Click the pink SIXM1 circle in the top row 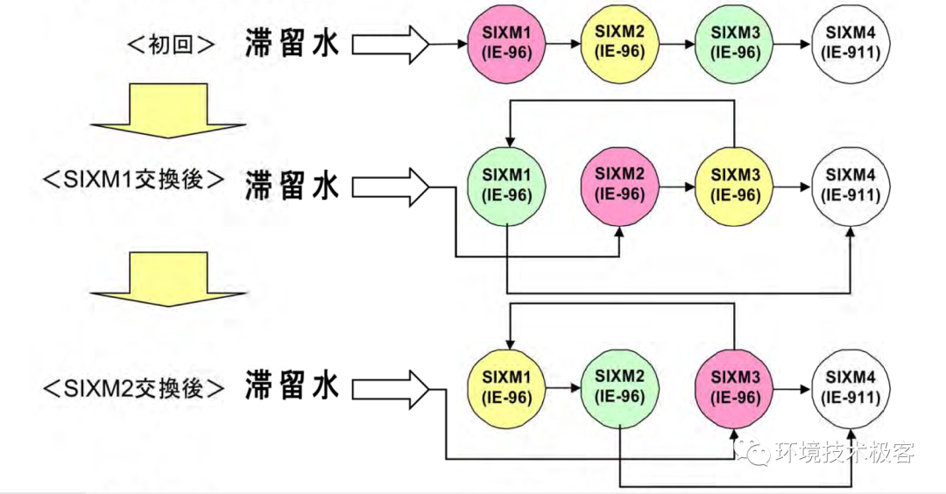coord(507,43)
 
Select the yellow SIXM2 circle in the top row coord(620,43)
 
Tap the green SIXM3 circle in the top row coord(734,43)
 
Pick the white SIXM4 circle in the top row coord(851,43)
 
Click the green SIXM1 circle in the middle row coord(507,187)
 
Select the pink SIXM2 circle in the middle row coord(620,187)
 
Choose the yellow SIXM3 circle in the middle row coord(734,187)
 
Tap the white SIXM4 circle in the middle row coord(851,187)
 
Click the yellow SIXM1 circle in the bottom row coord(507,386)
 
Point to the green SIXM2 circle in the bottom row coord(620,386)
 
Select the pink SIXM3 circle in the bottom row coord(734,386)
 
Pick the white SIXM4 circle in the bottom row coord(851,386)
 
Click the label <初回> coord(172,44)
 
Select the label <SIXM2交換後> coord(133,387)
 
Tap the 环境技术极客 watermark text coord(844,453)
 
